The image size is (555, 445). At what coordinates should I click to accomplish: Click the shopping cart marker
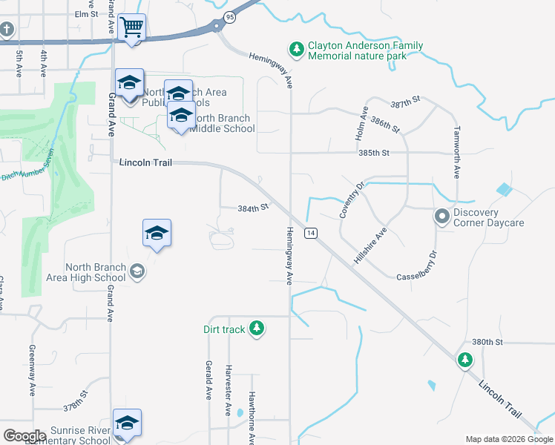(x=131, y=28)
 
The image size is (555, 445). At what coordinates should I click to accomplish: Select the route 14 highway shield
(x=310, y=233)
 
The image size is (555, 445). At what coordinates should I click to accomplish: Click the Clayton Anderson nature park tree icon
(x=297, y=49)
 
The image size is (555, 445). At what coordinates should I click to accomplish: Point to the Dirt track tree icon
(x=257, y=328)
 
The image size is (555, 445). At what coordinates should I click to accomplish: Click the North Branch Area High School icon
(x=137, y=272)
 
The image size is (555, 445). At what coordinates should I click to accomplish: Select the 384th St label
(x=252, y=208)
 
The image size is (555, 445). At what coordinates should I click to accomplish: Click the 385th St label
(x=374, y=153)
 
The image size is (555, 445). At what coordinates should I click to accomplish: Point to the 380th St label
(x=487, y=342)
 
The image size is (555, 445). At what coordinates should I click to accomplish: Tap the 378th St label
(x=75, y=408)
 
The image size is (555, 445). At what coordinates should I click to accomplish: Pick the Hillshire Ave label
(x=371, y=246)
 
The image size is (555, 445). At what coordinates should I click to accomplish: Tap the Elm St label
(x=86, y=14)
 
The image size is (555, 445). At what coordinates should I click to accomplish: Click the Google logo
(x=24, y=436)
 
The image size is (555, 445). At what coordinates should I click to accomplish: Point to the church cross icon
(x=7, y=30)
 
